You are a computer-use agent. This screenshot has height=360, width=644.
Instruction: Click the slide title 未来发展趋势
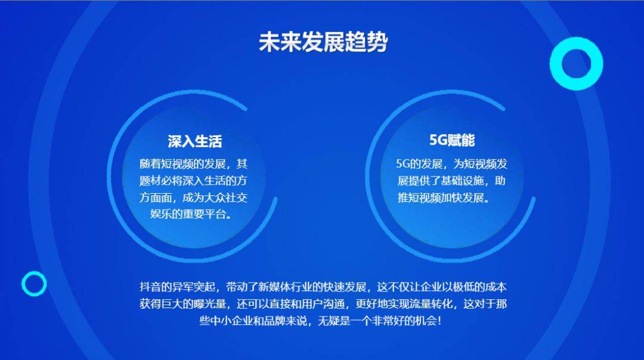pyautogui.click(x=323, y=42)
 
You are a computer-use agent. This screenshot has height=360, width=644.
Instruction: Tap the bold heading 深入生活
pyautogui.click(x=194, y=141)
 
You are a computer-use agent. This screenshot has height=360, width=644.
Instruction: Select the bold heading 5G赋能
pyautogui.click(x=452, y=141)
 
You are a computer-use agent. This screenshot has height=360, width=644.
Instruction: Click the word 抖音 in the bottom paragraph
pyautogui.click(x=150, y=287)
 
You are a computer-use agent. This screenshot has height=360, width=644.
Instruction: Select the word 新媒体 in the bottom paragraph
pyautogui.click(x=274, y=287)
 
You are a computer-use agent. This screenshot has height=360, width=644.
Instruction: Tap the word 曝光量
pyautogui.click(x=209, y=304)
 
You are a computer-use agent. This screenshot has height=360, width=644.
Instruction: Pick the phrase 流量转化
pyautogui.click(x=431, y=304)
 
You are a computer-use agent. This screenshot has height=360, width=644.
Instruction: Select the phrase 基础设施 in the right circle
pyautogui.click(x=462, y=181)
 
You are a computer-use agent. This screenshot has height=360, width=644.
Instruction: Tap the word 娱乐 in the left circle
pyautogui.click(x=160, y=214)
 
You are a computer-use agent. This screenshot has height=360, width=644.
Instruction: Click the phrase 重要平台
pyautogui.click(x=203, y=214)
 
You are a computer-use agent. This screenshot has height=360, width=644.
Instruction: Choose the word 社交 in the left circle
pyautogui.click(x=237, y=197)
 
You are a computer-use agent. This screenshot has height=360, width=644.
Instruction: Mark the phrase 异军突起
pyautogui.click(x=193, y=287)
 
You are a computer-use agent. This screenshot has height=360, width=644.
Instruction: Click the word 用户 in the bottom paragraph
pyautogui.click(x=312, y=304)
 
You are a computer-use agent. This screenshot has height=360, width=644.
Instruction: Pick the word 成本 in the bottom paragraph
pyautogui.click(x=496, y=287)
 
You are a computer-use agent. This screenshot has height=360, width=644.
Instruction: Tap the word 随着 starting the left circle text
pyautogui.click(x=150, y=164)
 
